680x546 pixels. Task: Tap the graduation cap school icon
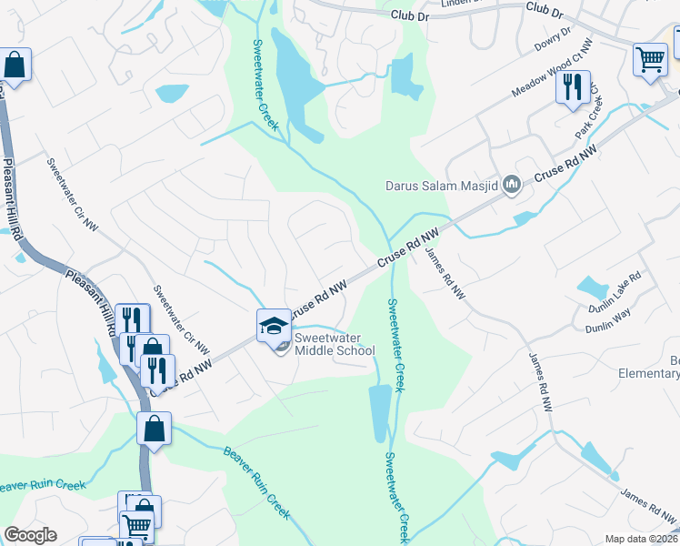[274, 325]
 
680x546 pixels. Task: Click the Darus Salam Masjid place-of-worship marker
[511, 186]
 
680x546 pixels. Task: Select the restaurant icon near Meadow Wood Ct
[573, 86]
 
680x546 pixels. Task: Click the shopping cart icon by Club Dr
[650, 59]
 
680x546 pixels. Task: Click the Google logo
[30, 535]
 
